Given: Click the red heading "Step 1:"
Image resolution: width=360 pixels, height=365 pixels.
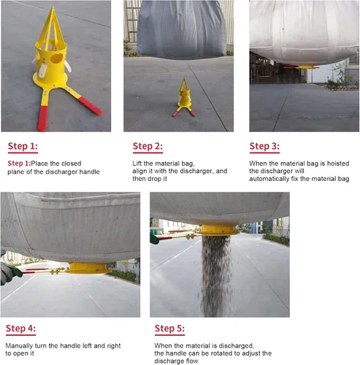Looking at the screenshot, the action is coord(23,146).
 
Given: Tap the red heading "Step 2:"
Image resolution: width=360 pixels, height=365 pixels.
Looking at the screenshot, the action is coord(148,146).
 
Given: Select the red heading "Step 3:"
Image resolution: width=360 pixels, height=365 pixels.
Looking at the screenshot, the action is coord(264,146).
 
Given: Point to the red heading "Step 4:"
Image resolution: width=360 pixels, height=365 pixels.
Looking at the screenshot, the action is coord(21,328).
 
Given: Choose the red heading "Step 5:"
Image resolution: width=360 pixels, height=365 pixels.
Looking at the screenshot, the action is coord(169,328).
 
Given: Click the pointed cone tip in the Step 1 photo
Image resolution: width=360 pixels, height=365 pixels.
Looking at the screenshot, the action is coord(53,7).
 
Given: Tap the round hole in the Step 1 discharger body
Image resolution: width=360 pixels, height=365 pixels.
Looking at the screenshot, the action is coord(56,58).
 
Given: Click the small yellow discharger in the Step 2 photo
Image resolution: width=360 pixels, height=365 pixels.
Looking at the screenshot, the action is coord(184,97).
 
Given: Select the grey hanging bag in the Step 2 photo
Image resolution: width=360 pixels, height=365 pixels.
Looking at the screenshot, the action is coord(181,29).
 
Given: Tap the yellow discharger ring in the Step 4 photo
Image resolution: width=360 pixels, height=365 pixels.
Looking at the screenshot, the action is coord(88,268).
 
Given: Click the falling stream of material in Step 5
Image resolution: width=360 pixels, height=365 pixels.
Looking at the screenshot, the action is coord(216,276).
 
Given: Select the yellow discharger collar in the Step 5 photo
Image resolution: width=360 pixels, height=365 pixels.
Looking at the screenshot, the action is coord(218,230).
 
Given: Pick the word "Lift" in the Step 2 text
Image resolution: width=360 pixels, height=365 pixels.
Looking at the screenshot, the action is coord(137,164).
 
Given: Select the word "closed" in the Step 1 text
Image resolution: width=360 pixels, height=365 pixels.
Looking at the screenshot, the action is coord(72,164).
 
